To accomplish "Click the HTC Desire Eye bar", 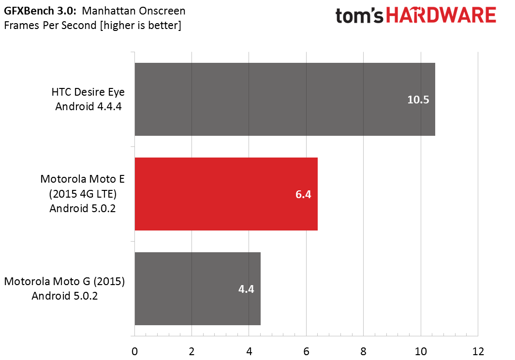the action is [x=285, y=99].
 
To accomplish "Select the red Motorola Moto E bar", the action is [x=226, y=194].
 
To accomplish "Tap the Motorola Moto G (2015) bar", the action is [x=197, y=289].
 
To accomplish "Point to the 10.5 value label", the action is [x=418, y=100].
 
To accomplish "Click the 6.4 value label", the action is [x=303, y=194].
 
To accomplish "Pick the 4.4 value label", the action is [x=246, y=289].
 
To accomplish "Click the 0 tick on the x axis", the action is [x=134, y=351].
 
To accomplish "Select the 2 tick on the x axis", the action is [x=192, y=351].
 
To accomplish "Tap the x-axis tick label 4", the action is [x=249, y=351].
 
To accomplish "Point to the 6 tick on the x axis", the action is [x=306, y=351].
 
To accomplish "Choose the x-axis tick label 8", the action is [x=363, y=351].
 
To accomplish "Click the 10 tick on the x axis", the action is [x=421, y=351].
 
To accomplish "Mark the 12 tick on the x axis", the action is [x=478, y=351].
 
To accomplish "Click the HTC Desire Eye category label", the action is [x=88, y=99].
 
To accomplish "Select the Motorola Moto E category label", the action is [x=82, y=194].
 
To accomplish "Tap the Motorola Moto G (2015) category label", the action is [x=64, y=288].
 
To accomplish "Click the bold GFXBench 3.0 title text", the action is [x=40, y=11].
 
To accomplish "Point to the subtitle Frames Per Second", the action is [x=50, y=25].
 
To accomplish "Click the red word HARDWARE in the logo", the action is [x=441, y=15].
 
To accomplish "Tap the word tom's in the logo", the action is [x=359, y=16].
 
